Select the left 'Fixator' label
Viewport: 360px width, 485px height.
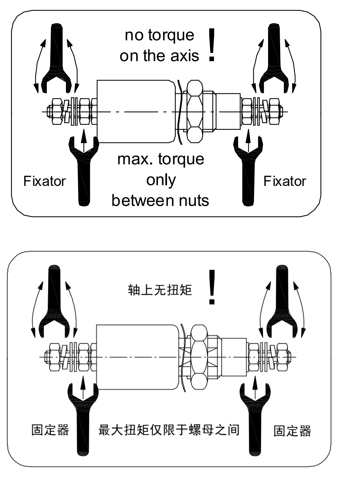tap(45, 181)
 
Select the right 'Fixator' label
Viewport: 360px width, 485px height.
tap(285, 181)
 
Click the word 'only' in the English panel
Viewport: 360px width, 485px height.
tap(161, 180)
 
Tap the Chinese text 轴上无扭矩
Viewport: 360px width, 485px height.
tap(160, 290)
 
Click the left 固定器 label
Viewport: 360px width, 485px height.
tap(50, 430)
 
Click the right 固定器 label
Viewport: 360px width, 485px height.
tap(292, 431)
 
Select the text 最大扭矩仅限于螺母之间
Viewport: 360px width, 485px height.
tap(169, 430)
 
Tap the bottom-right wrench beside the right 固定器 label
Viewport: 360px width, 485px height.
tap(255, 423)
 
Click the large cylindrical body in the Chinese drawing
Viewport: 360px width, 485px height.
tap(136, 357)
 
